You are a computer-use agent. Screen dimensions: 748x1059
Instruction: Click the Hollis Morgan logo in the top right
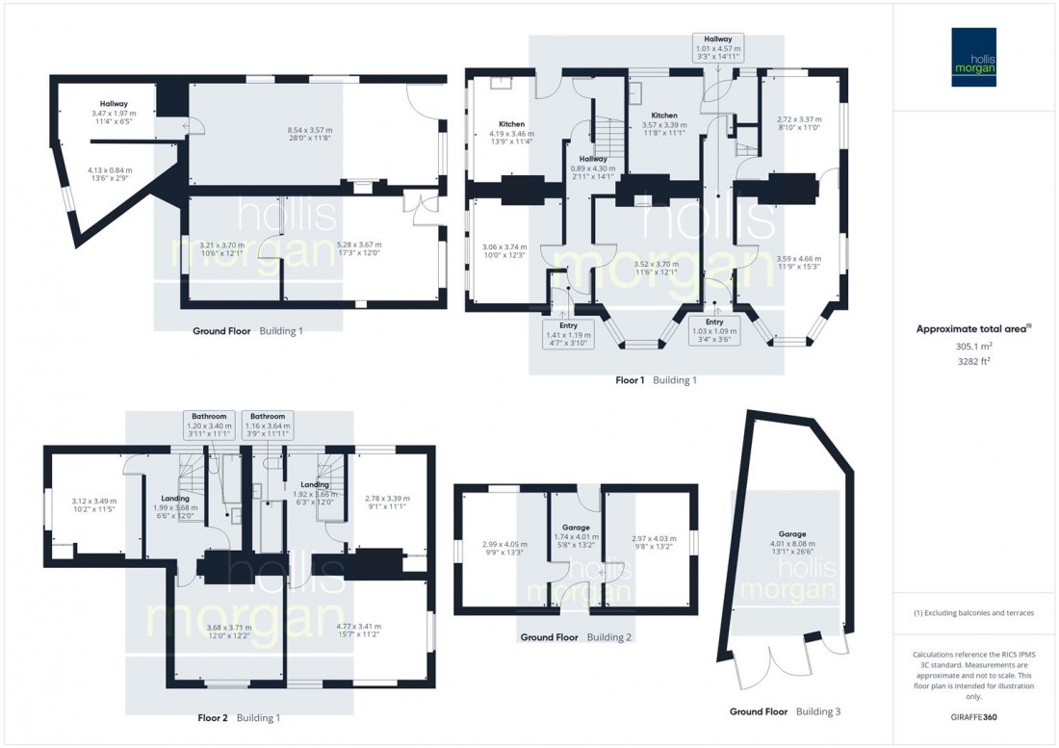tap(974, 57)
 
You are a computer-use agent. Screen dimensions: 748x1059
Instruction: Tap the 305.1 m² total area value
tap(974, 347)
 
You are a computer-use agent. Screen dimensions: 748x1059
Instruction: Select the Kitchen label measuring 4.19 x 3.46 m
tap(512, 133)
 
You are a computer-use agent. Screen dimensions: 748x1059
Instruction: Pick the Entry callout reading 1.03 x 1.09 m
tap(714, 331)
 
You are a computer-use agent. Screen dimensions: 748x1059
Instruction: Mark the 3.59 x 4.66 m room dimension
tap(798, 262)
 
